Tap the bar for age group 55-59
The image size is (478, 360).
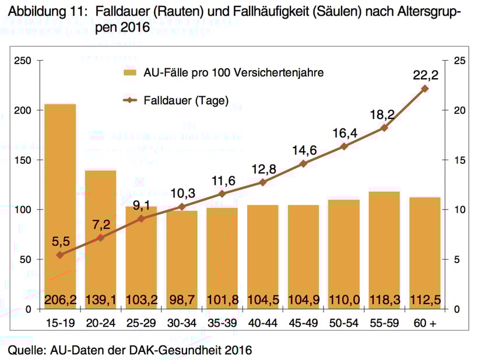(x=384, y=245)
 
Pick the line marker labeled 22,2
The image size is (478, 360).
(x=425, y=89)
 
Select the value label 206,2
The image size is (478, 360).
(x=61, y=300)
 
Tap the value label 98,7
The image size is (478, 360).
(x=182, y=300)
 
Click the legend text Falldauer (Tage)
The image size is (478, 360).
(x=186, y=100)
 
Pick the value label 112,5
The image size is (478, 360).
(x=425, y=300)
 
